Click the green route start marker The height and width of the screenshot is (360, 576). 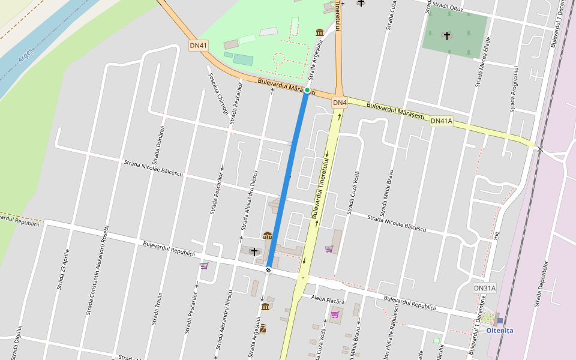coord(307,90)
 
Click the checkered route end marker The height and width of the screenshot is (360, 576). coord(268,270)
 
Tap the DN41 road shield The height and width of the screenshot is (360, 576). coord(198,45)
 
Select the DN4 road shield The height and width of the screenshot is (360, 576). coord(340,103)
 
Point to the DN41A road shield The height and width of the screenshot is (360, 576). coord(442,121)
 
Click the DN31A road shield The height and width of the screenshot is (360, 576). coord(485,288)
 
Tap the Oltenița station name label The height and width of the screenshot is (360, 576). coord(499,331)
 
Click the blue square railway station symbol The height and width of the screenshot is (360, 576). coord(500,320)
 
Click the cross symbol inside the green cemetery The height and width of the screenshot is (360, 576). coord(447,36)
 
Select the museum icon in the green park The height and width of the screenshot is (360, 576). coord(320,32)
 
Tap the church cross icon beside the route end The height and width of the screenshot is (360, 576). coord(254,251)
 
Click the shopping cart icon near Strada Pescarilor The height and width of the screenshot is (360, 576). coord(204,266)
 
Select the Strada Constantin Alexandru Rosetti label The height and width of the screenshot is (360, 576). coord(98,270)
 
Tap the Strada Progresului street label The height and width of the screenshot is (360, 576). coord(514,89)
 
